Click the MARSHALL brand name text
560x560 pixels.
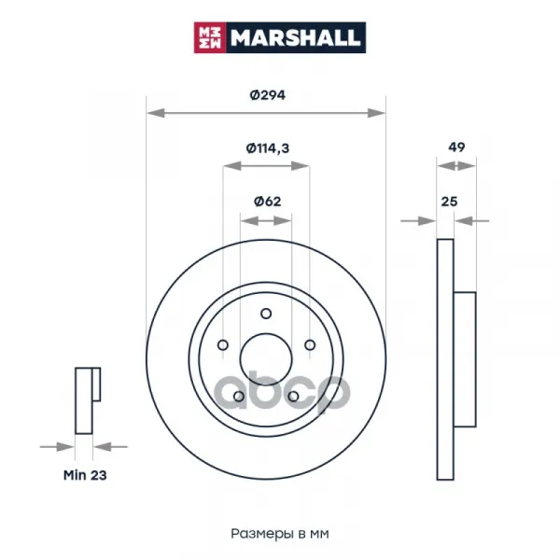click(295, 37)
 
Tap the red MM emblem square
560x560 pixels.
click(210, 37)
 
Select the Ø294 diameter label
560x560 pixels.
click(268, 95)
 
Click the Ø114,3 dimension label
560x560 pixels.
click(268, 147)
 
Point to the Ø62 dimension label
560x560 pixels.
click(268, 202)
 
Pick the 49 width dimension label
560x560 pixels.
click(456, 147)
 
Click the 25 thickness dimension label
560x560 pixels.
click(449, 202)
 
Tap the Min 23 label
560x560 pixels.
click(85, 475)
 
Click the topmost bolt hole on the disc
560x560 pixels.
click(266, 314)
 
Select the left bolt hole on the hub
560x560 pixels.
click(223, 345)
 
